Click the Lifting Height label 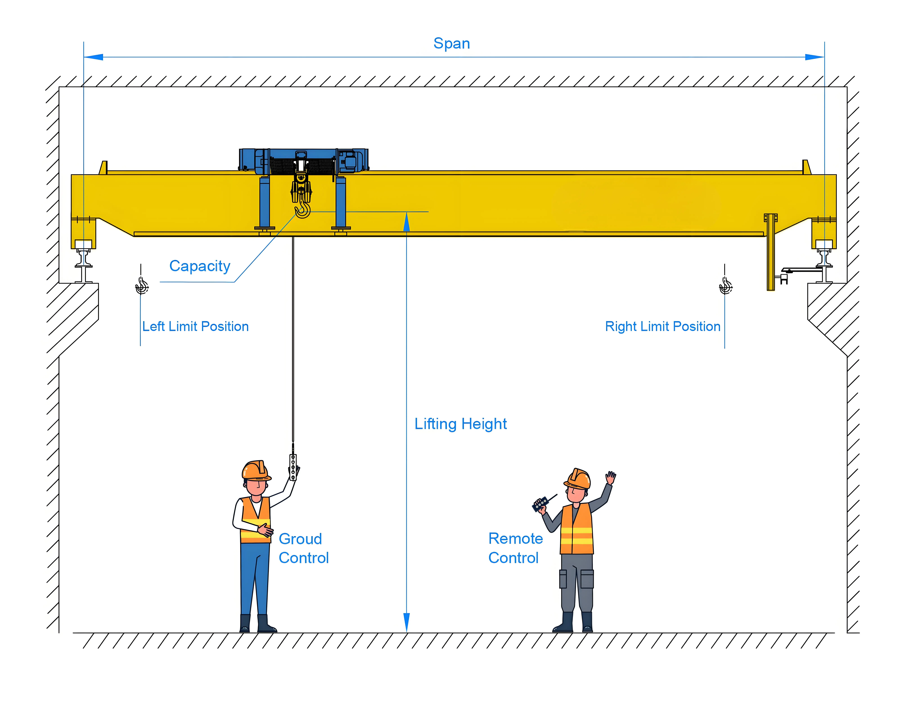pyautogui.click(x=460, y=424)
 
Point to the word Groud pyautogui.click(x=300, y=539)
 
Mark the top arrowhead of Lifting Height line pyautogui.click(x=406, y=222)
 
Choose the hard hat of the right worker pyautogui.click(x=578, y=479)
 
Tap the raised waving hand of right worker pyautogui.click(x=610, y=478)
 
